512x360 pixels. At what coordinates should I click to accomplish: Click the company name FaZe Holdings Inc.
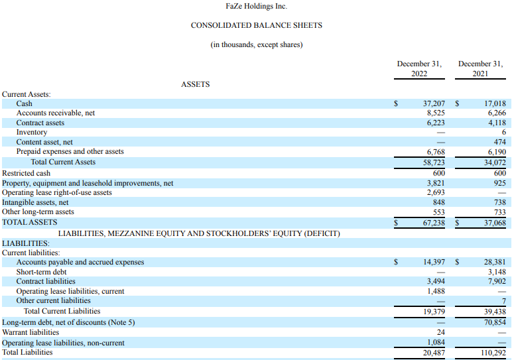click(256, 6)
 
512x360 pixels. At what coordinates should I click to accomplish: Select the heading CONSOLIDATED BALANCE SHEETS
click(256, 25)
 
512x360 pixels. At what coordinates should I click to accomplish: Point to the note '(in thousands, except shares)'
click(256, 44)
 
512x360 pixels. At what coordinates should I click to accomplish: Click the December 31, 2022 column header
click(419, 68)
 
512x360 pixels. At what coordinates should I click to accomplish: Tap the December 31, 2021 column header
click(480, 68)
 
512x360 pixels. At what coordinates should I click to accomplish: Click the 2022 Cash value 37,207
click(434, 103)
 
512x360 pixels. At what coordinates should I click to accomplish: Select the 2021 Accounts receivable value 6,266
click(497, 113)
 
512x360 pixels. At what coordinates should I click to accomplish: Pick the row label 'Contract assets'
click(40, 123)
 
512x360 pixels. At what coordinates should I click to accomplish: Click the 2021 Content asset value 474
click(499, 142)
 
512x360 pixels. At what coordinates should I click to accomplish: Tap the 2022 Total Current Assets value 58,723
click(434, 162)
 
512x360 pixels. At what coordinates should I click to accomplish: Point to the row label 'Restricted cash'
click(26, 173)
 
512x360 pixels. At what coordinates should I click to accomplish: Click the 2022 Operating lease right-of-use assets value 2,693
click(436, 192)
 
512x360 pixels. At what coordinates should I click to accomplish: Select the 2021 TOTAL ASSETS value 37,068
click(495, 223)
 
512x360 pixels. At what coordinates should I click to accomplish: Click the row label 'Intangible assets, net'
click(35, 202)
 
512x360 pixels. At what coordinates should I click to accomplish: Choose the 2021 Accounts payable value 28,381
click(495, 262)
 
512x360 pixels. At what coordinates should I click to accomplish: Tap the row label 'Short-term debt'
click(41, 272)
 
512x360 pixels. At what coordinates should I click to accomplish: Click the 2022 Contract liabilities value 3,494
click(436, 281)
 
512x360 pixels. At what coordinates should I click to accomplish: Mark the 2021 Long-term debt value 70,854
click(495, 322)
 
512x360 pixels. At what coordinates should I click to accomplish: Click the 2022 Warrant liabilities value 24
click(441, 332)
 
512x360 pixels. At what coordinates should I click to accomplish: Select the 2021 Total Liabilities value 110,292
click(493, 353)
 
